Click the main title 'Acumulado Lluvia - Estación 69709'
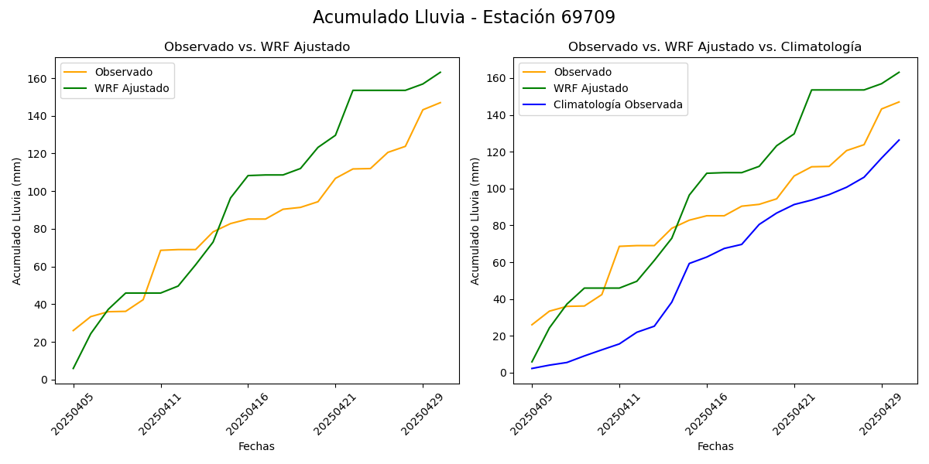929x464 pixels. coord(464,18)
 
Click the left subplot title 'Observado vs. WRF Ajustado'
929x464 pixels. coord(256,47)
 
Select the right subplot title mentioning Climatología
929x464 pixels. coord(715,47)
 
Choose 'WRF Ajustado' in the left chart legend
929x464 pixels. coord(132,88)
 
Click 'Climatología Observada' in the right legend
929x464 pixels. coord(618,105)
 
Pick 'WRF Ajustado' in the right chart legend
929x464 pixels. coord(591,88)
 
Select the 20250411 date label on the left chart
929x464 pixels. coord(160,411)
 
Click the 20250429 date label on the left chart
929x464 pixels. coord(422,411)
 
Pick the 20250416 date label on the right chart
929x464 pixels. coord(706,411)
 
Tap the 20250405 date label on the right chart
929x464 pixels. coord(532,411)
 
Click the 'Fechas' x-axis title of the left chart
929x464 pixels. coord(256,446)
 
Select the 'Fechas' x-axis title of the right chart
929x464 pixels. coord(715,446)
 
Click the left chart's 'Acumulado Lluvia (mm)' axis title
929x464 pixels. coord(17,220)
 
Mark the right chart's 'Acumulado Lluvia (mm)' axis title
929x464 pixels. coord(475,220)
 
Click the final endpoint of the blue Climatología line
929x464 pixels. coord(899,140)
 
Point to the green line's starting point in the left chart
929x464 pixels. coord(74,368)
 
